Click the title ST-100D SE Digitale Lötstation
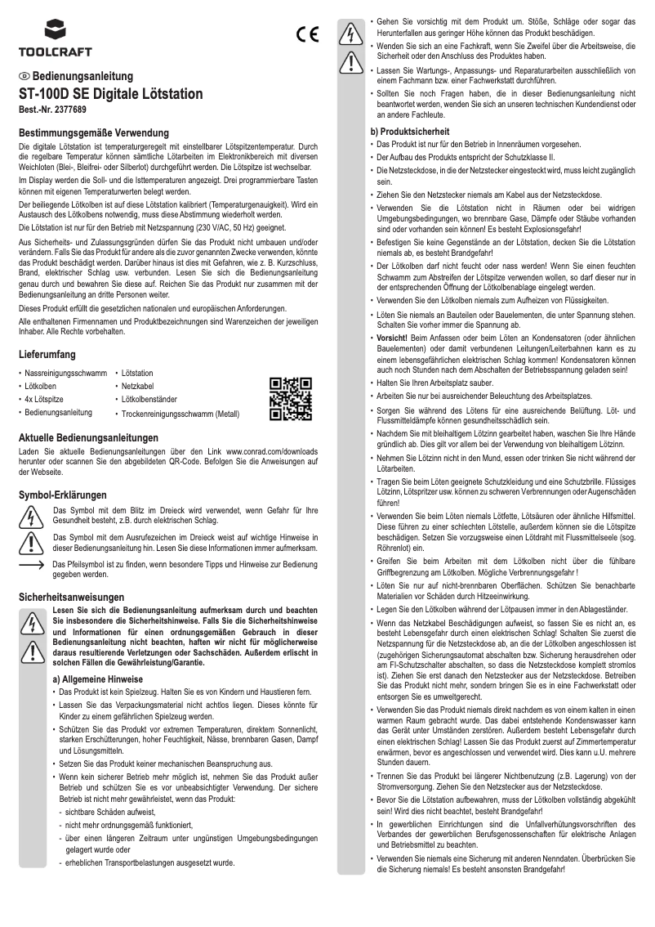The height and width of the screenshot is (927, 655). click(x=111, y=94)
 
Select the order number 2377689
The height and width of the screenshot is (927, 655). click(x=69, y=109)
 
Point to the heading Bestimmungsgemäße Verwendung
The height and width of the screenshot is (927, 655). click(x=93, y=132)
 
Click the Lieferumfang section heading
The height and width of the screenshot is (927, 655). click(x=47, y=355)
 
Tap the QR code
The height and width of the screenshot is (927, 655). click(x=291, y=398)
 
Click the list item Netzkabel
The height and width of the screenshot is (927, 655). click(x=139, y=386)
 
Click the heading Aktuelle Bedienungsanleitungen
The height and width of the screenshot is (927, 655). click(x=88, y=437)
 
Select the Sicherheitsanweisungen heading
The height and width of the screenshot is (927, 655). click(x=72, y=598)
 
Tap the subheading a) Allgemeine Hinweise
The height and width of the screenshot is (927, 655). click(x=97, y=678)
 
